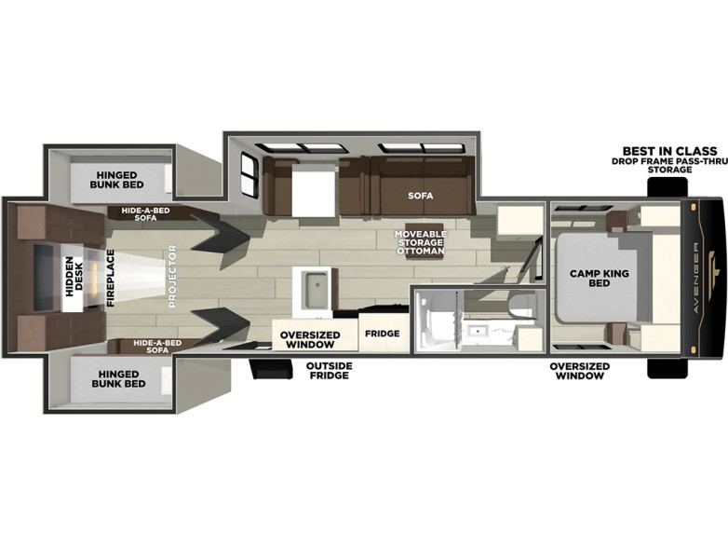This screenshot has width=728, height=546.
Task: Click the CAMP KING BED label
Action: coord(599,278)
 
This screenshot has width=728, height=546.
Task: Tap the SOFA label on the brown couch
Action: coord(421,196)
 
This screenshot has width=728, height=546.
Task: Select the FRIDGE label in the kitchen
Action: coord(382,334)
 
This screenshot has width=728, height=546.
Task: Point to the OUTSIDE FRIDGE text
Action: coord(330,370)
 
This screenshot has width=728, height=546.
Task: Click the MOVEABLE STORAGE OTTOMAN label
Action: coord(421,242)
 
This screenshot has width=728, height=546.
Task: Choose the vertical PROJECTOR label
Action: coord(172,276)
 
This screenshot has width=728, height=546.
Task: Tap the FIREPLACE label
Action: coord(111,278)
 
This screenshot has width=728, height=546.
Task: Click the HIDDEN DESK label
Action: coord(74,277)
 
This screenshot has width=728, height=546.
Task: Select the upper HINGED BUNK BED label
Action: coord(116,180)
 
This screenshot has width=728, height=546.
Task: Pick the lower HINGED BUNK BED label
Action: coord(118,378)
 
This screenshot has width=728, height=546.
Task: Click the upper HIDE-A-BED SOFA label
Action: coord(145,213)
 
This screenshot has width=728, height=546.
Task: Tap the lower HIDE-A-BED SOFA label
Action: coord(157,347)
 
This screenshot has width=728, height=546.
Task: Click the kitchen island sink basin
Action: coord(316,291)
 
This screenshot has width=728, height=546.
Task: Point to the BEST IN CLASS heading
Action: coord(669,151)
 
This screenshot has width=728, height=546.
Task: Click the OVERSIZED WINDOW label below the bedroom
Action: coord(579,371)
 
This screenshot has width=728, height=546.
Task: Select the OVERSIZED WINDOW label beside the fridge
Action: coord(310,340)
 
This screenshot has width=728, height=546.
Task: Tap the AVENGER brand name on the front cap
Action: coord(696,279)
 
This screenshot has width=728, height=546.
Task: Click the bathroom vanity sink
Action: coord(474,332)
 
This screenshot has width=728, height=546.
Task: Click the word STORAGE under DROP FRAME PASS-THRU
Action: coord(670,170)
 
